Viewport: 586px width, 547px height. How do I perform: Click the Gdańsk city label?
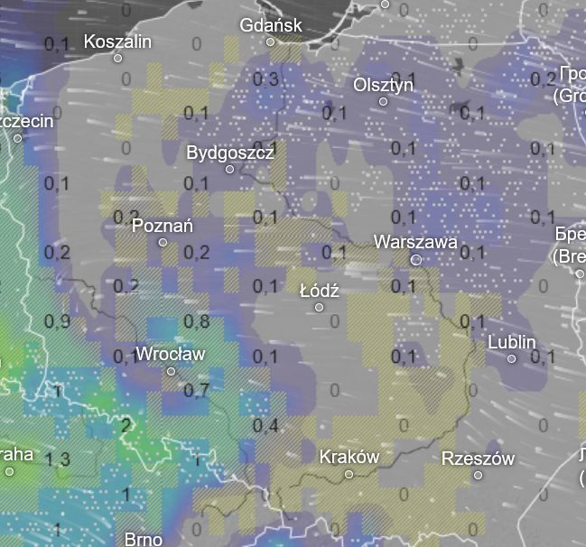tap(271, 25)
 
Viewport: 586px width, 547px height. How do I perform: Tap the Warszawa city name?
tap(415, 242)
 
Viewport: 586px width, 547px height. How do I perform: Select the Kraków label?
tap(349, 457)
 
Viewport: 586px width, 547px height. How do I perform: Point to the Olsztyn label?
tap(384, 84)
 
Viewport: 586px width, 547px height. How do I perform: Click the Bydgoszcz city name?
tap(230, 153)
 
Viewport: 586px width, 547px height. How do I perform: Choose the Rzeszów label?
tap(478, 459)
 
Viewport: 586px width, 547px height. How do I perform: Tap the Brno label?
tap(144, 539)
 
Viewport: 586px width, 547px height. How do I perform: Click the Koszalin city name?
tap(117, 41)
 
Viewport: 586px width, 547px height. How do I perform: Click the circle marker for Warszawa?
tap(416, 259)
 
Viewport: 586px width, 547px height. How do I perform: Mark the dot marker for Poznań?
tap(163, 242)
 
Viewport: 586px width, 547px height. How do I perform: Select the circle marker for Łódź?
tap(319, 307)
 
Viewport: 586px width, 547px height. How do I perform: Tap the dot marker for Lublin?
tap(512, 358)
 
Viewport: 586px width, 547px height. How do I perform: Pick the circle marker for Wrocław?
tap(171, 371)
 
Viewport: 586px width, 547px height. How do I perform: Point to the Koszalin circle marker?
tap(117, 58)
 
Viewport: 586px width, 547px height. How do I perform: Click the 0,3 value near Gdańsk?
tap(266, 79)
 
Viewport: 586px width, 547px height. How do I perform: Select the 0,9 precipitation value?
tap(57, 321)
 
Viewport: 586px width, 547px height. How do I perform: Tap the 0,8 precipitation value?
tap(197, 320)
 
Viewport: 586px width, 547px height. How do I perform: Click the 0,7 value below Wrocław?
tap(196, 390)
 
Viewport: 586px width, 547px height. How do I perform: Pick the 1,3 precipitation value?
tap(57, 459)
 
